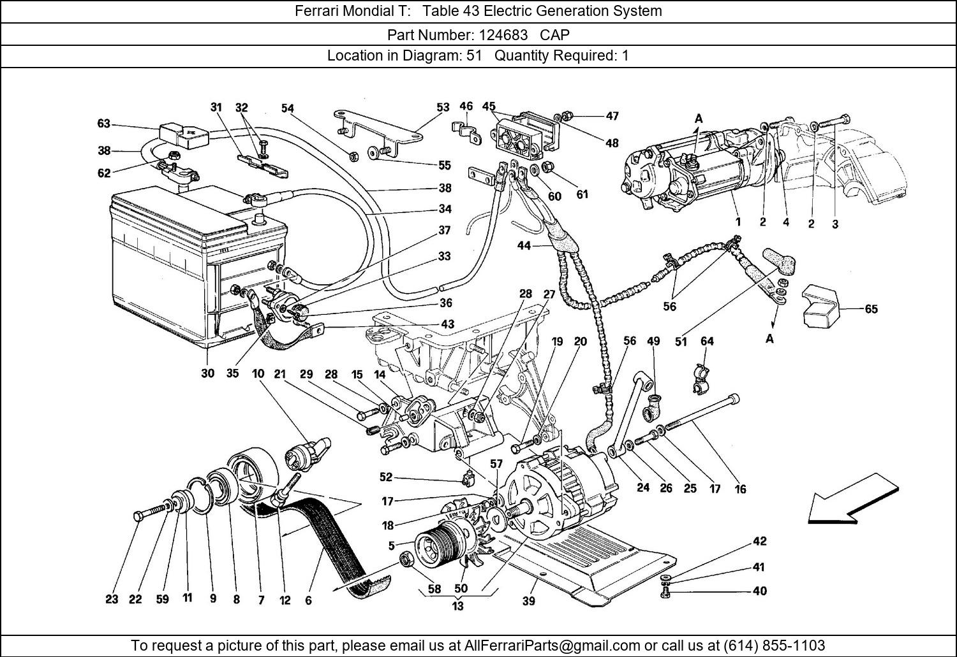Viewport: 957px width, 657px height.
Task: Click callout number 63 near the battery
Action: pos(104,124)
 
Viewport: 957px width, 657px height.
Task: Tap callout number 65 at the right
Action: pos(871,309)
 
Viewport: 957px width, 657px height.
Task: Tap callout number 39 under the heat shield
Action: pos(528,600)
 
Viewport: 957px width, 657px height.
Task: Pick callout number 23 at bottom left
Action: pos(112,599)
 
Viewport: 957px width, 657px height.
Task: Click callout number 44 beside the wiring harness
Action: pos(524,245)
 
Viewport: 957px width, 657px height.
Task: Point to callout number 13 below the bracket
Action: pos(457,606)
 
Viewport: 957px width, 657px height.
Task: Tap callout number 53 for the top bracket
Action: pos(443,108)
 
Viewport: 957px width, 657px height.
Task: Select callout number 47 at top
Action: pos(612,116)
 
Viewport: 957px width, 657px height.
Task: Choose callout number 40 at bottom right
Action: pos(759,591)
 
